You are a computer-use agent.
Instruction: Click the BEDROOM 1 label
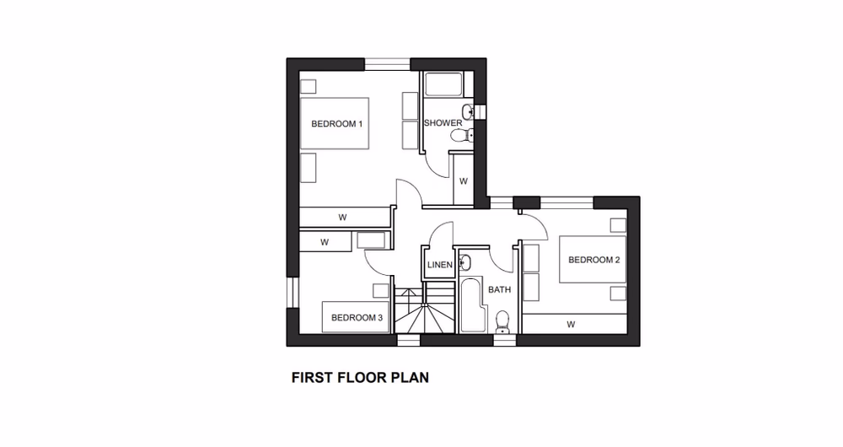pos(336,124)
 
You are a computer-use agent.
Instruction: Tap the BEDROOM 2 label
pos(593,260)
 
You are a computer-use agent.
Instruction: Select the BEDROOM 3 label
pos(357,318)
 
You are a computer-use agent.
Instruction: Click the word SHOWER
pos(443,123)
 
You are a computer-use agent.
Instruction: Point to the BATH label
pos(501,289)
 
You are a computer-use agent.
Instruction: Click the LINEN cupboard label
pos(440,265)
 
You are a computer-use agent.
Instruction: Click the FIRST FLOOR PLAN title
pos(360,378)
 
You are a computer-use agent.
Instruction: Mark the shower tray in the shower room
pos(442,85)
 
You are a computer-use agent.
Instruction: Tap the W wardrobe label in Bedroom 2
pos(571,323)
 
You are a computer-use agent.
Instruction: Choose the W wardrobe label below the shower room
pos(463,180)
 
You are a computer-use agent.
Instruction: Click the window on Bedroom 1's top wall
pos(387,63)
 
